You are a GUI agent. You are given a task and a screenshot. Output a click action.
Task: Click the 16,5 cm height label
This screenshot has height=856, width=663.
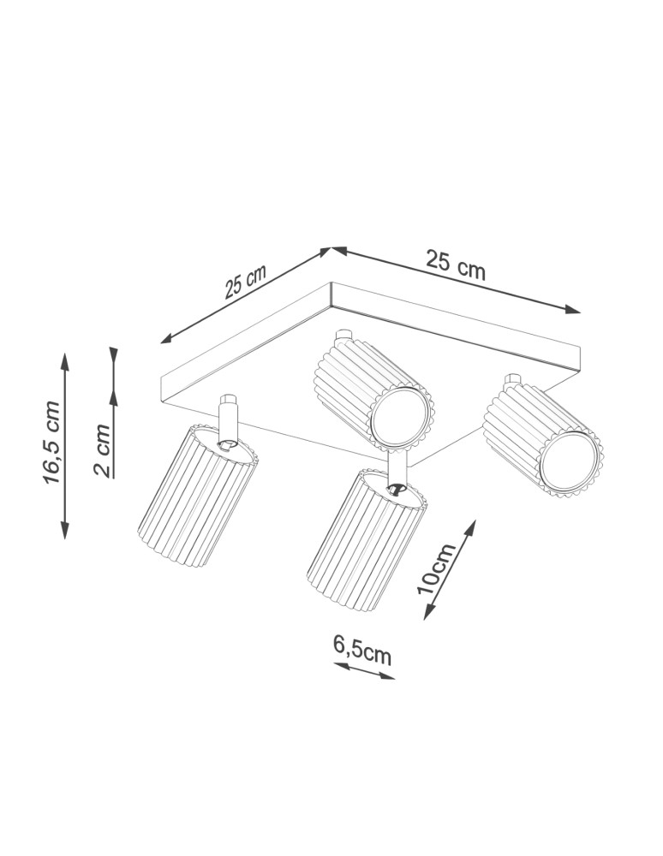[x=53, y=443]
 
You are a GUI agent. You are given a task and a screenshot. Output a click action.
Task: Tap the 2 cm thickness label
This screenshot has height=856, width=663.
[x=102, y=449]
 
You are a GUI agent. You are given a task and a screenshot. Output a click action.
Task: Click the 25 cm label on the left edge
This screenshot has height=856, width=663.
[x=246, y=281]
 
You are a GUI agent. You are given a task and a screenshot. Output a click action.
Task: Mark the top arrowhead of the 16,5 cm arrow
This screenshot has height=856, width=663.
[x=64, y=360]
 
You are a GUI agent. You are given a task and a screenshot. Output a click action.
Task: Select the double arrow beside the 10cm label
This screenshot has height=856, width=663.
[x=450, y=570]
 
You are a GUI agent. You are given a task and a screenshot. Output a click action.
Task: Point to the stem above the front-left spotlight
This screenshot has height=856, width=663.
[x=228, y=419]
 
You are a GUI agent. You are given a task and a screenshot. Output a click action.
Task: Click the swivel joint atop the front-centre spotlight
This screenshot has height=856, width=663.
[x=396, y=488]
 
